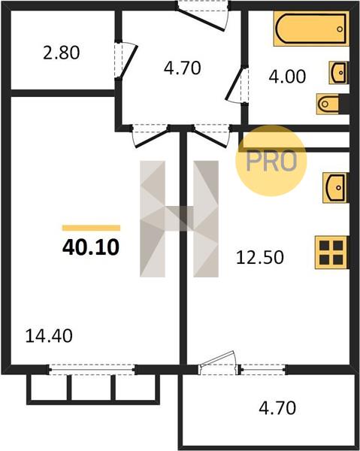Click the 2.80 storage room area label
[x=61, y=53]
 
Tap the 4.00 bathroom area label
[x=287, y=77]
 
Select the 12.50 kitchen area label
[x=260, y=257]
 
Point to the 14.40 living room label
[x=49, y=336]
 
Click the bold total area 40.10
[x=91, y=247]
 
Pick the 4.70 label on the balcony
[x=277, y=408]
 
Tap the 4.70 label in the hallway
[x=183, y=68]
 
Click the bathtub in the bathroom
[x=311, y=29]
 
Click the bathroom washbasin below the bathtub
[x=339, y=72]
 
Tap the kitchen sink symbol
[x=336, y=188]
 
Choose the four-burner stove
[x=332, y=253]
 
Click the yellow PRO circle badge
[x=271, y=161]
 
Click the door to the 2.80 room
[x=125, y=60]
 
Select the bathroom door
[x=237, y=83]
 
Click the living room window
[x=92, y=369]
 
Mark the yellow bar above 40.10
[x=91, y=228]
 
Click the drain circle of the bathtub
[x=340, y=29]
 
